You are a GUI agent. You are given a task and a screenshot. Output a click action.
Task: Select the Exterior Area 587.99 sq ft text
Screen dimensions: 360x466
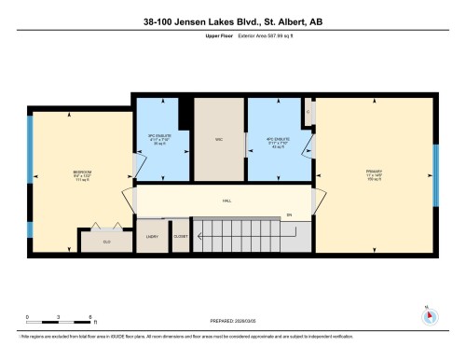tap(244, 38)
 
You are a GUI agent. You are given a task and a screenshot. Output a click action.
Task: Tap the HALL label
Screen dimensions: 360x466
tap(226, 201)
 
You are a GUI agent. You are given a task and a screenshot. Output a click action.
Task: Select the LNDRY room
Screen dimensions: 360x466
tap(152, 237)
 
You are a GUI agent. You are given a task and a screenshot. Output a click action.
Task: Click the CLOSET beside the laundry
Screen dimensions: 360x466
tap(180, 237)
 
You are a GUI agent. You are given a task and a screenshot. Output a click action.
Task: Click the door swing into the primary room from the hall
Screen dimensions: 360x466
tap(319, 199)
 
